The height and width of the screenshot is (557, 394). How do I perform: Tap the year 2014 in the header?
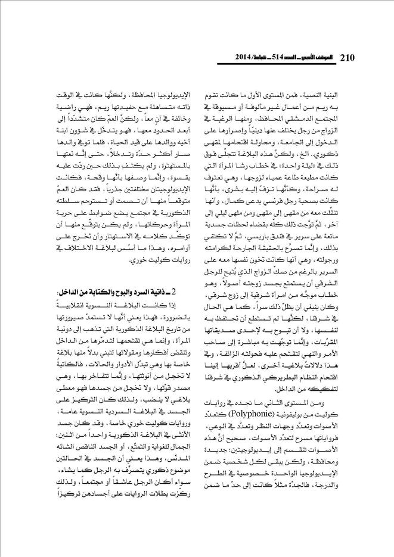227,58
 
